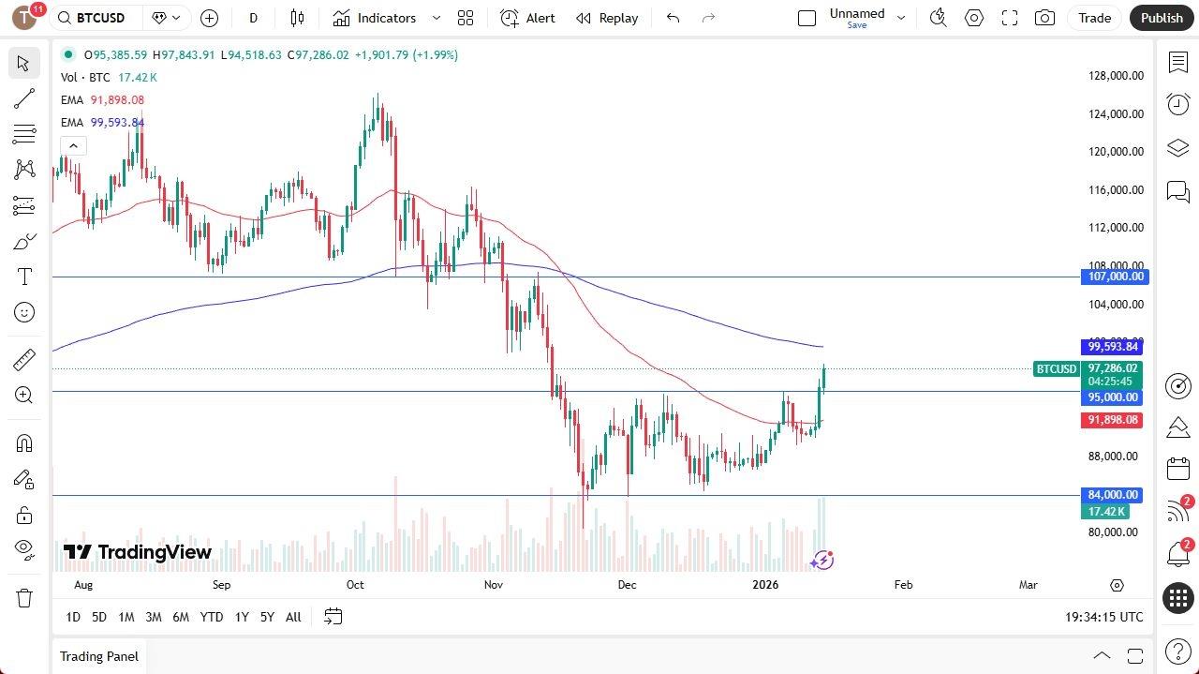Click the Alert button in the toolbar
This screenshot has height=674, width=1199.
click(x=527, y=18)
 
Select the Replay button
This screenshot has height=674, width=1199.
click(x=607, y=18)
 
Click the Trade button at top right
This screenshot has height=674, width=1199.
click(x=1094, y=18)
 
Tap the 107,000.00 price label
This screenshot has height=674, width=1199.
click(x=1114, y=277)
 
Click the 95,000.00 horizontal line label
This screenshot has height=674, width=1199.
click(x=1114, y=397)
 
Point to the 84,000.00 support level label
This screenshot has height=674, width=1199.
click(x=1114, y=495)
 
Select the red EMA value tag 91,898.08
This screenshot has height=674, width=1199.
click(x=1114, y=420)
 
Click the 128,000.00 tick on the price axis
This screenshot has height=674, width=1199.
click(x=1115, y=76)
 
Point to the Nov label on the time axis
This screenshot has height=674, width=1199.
click(x=494, y=585)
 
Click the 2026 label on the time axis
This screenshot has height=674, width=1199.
click(x=765, y=585)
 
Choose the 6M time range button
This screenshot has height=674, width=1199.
click(x=181, y=617)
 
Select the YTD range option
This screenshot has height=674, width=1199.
click(x=212, y=617)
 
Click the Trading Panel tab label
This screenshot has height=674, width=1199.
click(x=99, y=656)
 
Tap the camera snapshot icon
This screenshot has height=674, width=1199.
click(x=1044, y=18)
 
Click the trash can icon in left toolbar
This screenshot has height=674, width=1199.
click(x=24, y=598)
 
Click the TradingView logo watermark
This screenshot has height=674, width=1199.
click(x=138, y=552)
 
